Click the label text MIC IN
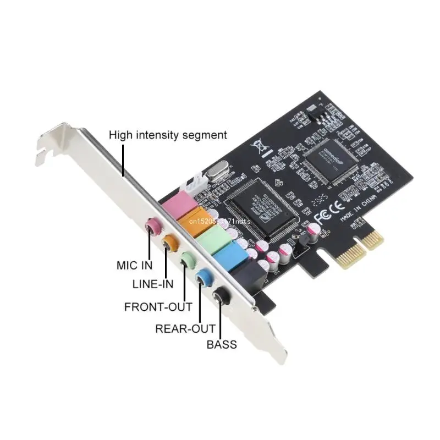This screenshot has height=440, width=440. point(135,265)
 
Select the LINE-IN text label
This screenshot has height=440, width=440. point(153,284)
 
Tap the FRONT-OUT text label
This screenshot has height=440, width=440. point(158,306)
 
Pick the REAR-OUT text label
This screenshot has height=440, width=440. point(185,329)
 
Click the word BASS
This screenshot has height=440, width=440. point(222,345)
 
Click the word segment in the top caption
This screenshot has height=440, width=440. point(206,134)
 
